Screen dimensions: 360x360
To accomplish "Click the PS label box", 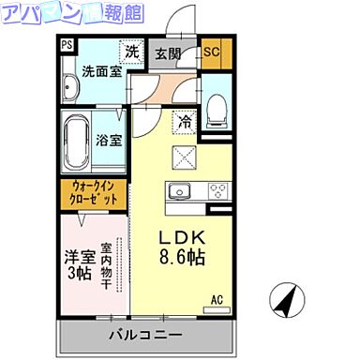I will point(67,44).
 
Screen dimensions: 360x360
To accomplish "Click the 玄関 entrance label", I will point(170,53).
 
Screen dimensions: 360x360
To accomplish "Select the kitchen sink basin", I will point(178,191).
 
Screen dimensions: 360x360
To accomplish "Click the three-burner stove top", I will point(217,191).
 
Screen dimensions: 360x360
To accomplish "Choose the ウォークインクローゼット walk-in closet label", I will point(95,195).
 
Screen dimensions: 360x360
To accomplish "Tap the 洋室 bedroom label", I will point(78,255).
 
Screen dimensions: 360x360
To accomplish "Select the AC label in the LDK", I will point(217,300).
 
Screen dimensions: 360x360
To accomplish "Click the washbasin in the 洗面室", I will point(71,90).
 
